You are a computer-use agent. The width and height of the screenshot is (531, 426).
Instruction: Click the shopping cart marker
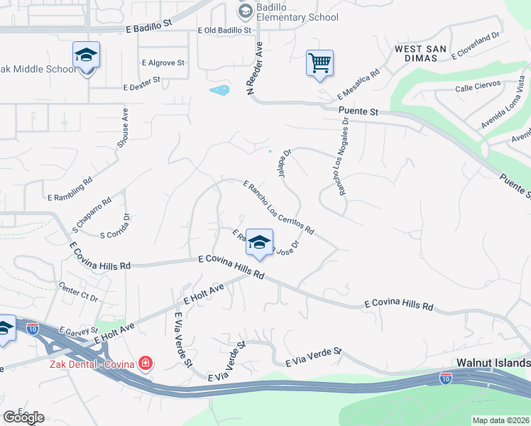click(x=319, y=62)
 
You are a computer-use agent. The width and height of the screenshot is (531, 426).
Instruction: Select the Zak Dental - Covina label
click(x=92, y=364)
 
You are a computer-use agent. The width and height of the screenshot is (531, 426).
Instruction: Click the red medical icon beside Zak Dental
click(x=146, y=364)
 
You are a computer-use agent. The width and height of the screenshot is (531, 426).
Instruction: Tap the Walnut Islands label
click(x=493, y=362)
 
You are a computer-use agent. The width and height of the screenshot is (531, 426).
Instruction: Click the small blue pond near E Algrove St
click(x=220, y=90)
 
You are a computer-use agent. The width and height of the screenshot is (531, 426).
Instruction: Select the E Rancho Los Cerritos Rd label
click(x=278, y=207)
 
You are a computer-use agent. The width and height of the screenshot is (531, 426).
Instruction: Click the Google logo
click(x=23, y=417)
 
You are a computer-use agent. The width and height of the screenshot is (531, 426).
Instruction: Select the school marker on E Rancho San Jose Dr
click(x=260, y=244)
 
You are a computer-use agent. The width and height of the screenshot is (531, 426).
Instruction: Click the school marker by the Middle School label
click(x=86, y=55)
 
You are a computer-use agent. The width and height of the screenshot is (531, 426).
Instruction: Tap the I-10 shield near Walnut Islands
click(x=446, y=378)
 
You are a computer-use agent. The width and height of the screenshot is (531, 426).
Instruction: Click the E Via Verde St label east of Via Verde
click(x=313, y=358)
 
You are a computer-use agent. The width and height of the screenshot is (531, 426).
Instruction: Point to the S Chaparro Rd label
click(x=92, y=214)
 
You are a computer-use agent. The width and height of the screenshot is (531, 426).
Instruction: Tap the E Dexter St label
click(x=142, y=86)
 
